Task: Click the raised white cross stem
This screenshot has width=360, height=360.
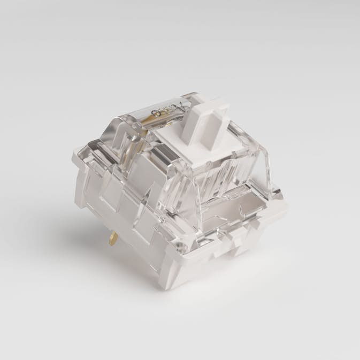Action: [199, 124]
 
